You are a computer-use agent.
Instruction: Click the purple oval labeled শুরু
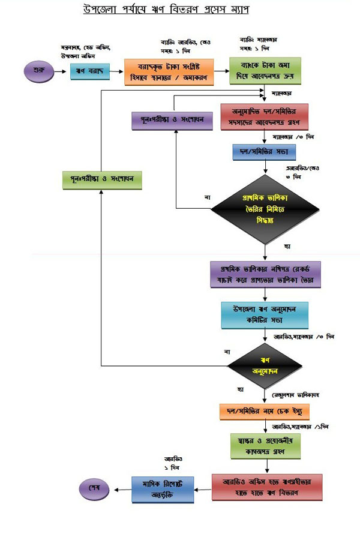[x=37, y=71]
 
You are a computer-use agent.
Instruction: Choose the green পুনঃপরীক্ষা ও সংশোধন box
[x=101, y=179]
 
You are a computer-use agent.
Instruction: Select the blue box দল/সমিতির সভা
[x=265, y=152]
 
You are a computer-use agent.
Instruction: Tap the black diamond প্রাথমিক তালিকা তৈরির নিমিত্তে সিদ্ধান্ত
[x=265, y=210]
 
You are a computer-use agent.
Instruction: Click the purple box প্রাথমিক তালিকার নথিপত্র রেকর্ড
[x=265, y=274]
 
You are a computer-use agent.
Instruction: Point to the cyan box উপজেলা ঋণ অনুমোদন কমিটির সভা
[x=265, y=314]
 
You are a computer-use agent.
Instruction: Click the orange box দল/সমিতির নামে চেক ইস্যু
[x=265, y=411]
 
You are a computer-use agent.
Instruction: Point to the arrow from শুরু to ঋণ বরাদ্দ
[x=61, y=71]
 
